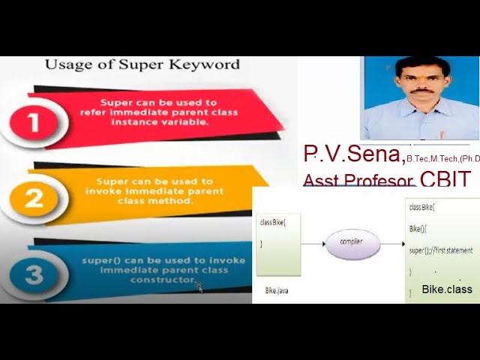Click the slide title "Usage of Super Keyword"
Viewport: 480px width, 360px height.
[x=142, y=64]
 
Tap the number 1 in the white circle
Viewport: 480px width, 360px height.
[x=34, y=121]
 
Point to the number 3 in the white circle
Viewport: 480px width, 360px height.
[x=34, y=274]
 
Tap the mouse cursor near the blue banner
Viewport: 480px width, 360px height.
[x=199, y=286]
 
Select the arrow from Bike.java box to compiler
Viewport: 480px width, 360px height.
[x=312, y=244]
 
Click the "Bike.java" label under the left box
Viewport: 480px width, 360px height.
[x=277, y=289]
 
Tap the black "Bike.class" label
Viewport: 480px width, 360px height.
[x=447, y=289]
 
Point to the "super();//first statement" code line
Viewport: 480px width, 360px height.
[x=441, y=250]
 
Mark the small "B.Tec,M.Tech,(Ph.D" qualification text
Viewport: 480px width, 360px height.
[x=443, y=159]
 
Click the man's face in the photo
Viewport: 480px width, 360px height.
[x=421, y=84]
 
